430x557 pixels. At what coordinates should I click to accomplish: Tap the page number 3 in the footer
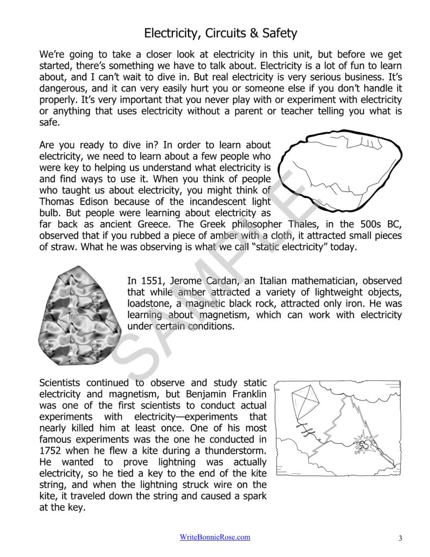point(400,539)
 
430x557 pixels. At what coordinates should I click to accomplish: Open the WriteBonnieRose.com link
point(215,537)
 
